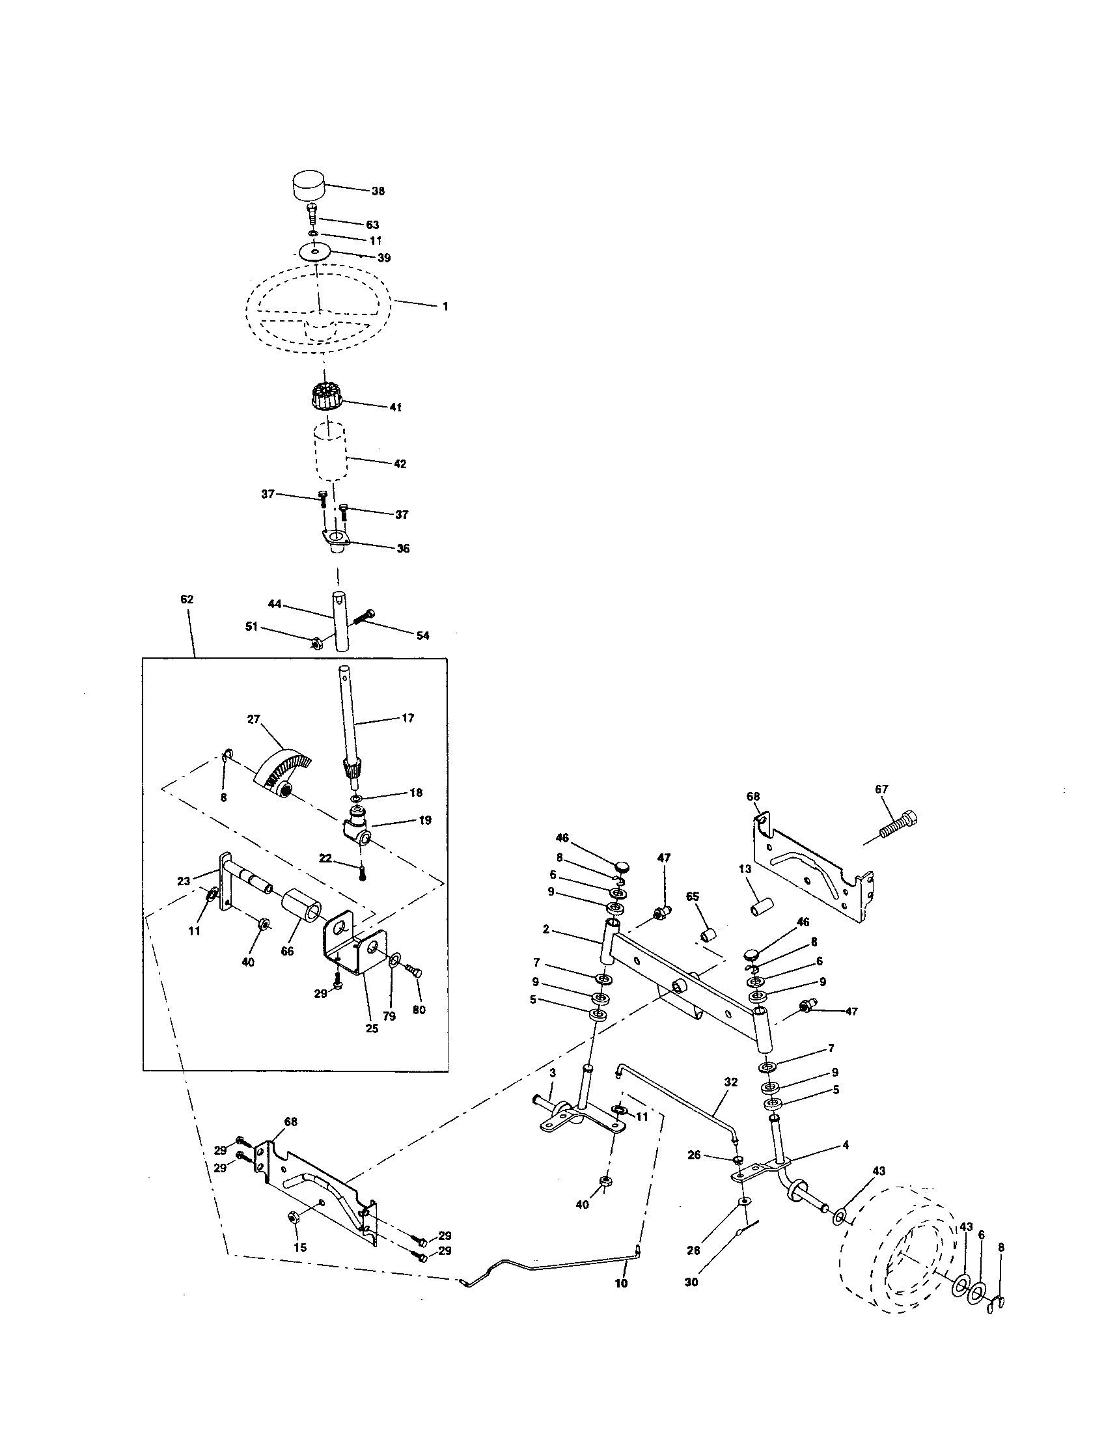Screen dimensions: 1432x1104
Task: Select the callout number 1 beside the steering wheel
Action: pyautogui.click(x=445, y=306)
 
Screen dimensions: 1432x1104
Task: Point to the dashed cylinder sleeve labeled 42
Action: pyautogui.click(x=331, y=452)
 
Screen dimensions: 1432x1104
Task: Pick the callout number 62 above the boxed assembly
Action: pyautogui.click(x=187, y=599)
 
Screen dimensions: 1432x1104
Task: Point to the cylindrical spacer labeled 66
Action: pyautogui.click(x=301, y=911)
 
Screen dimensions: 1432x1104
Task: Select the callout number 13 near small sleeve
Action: pyautogui.click(x=744, y=869)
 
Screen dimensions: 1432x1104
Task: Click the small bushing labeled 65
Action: pyautogui.click(x=709, y=934)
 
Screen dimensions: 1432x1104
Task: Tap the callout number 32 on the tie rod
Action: pyautogui.click(x=730, y=1082)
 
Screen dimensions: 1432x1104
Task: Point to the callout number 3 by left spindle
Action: pyautogui.click(x=552, y=1073)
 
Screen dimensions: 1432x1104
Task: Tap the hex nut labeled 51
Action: pyautogui.click(x=314, y=643)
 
